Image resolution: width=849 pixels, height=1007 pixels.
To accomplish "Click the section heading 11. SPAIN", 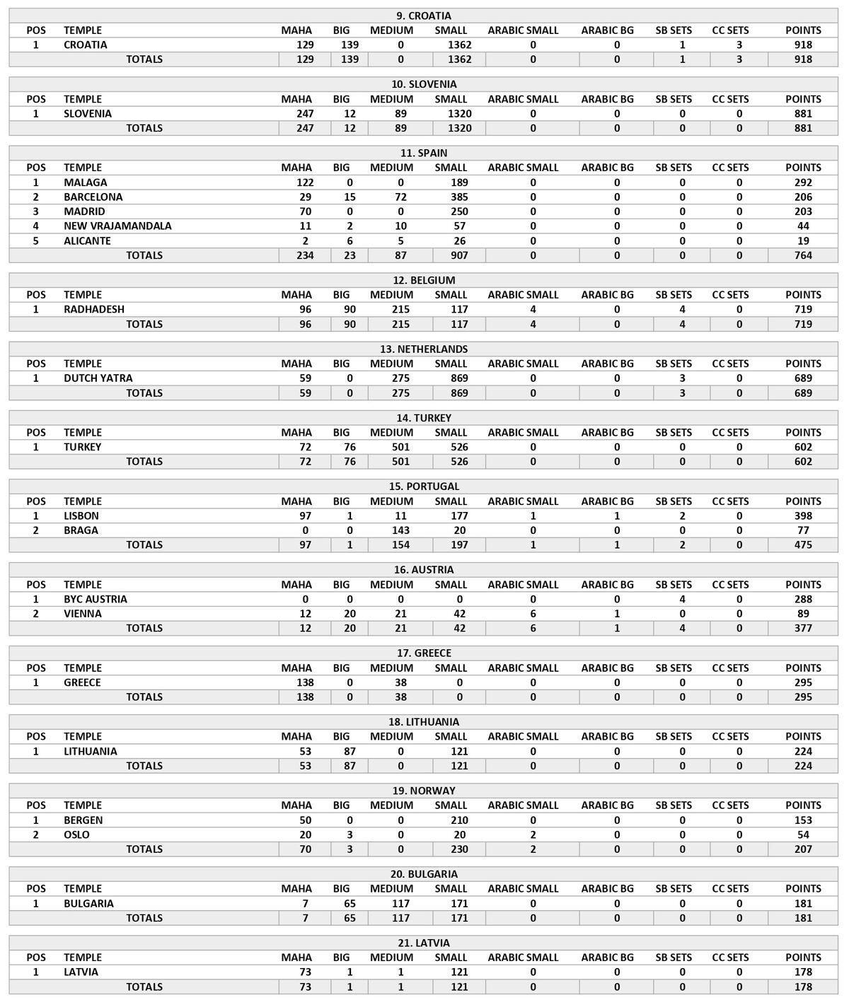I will click(x=423, y=153).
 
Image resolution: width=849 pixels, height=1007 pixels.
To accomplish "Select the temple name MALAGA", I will click(x=86, y=182).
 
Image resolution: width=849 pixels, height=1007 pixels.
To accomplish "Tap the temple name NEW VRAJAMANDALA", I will click(x=117, y=226).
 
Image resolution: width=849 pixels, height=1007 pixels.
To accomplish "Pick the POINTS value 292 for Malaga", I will click(x=803, y=182).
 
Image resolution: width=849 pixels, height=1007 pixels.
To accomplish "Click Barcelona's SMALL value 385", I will click(x=459, y=197).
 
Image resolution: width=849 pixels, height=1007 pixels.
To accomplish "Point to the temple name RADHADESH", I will click(x=94, y=309).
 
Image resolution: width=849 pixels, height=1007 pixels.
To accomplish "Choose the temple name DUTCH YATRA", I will click(x=98, y=378).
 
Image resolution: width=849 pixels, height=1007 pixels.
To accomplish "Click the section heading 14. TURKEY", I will click(x=423, y=418).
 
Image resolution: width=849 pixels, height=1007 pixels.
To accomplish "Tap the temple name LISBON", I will click(x=81, y=516).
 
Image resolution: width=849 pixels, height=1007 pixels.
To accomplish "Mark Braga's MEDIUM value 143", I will click(x=400, y=530).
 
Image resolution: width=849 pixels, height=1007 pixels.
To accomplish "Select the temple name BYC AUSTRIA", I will click(x=96, y=599).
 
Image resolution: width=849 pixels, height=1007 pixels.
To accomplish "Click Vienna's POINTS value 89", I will click(x=803, y=614).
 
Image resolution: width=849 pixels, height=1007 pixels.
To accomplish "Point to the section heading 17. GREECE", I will click(x=423, y=653).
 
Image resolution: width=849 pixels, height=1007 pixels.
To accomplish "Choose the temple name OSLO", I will click(x=76, y=834).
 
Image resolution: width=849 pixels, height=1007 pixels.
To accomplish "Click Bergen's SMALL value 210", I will click(x=459, y=820).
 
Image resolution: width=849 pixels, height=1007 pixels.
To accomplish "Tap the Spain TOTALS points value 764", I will click(x=803, y=255).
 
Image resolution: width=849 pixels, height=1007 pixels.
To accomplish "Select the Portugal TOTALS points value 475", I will click(x=803, y=545).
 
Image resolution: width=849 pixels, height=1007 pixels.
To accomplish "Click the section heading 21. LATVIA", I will click(x=423, y=943).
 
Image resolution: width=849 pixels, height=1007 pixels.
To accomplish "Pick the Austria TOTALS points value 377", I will click(x=803, y=628).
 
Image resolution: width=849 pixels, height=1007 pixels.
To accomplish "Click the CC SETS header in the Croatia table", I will click(x=730, y=30).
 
